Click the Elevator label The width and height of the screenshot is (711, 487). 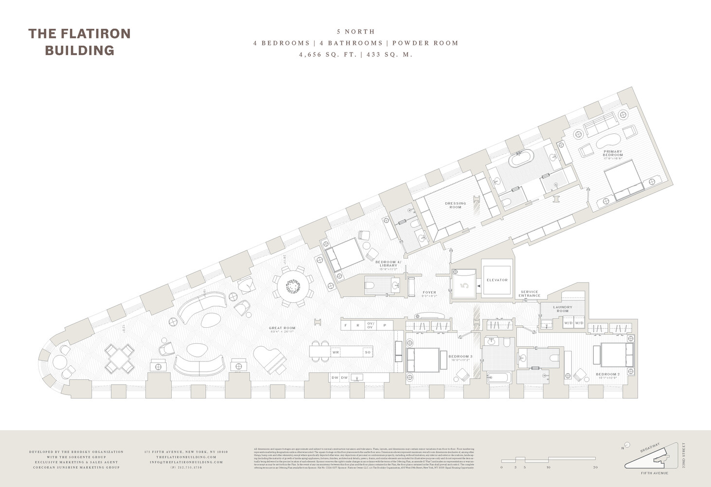(497, 280)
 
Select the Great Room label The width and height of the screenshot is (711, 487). (282, 328)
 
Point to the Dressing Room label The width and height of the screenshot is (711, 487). (455, 205)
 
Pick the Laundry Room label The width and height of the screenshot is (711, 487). (563, 309)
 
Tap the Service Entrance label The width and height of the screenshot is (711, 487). (530, 294)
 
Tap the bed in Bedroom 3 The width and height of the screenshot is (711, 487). (423, 360)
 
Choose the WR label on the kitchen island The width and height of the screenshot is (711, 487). (336, 352)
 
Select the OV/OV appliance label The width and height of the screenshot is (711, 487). (371, 325)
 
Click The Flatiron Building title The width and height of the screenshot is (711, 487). (79, 41)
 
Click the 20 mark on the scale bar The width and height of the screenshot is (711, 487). (595, 467)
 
